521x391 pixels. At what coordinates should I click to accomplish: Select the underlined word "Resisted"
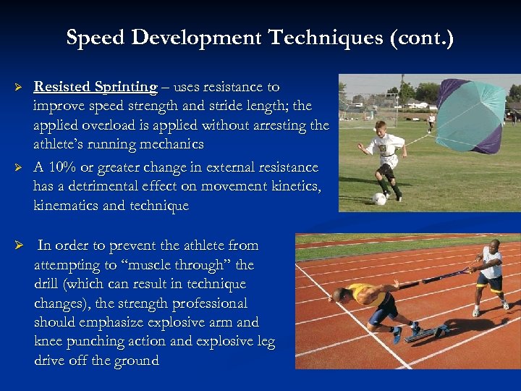coord(62,87)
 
